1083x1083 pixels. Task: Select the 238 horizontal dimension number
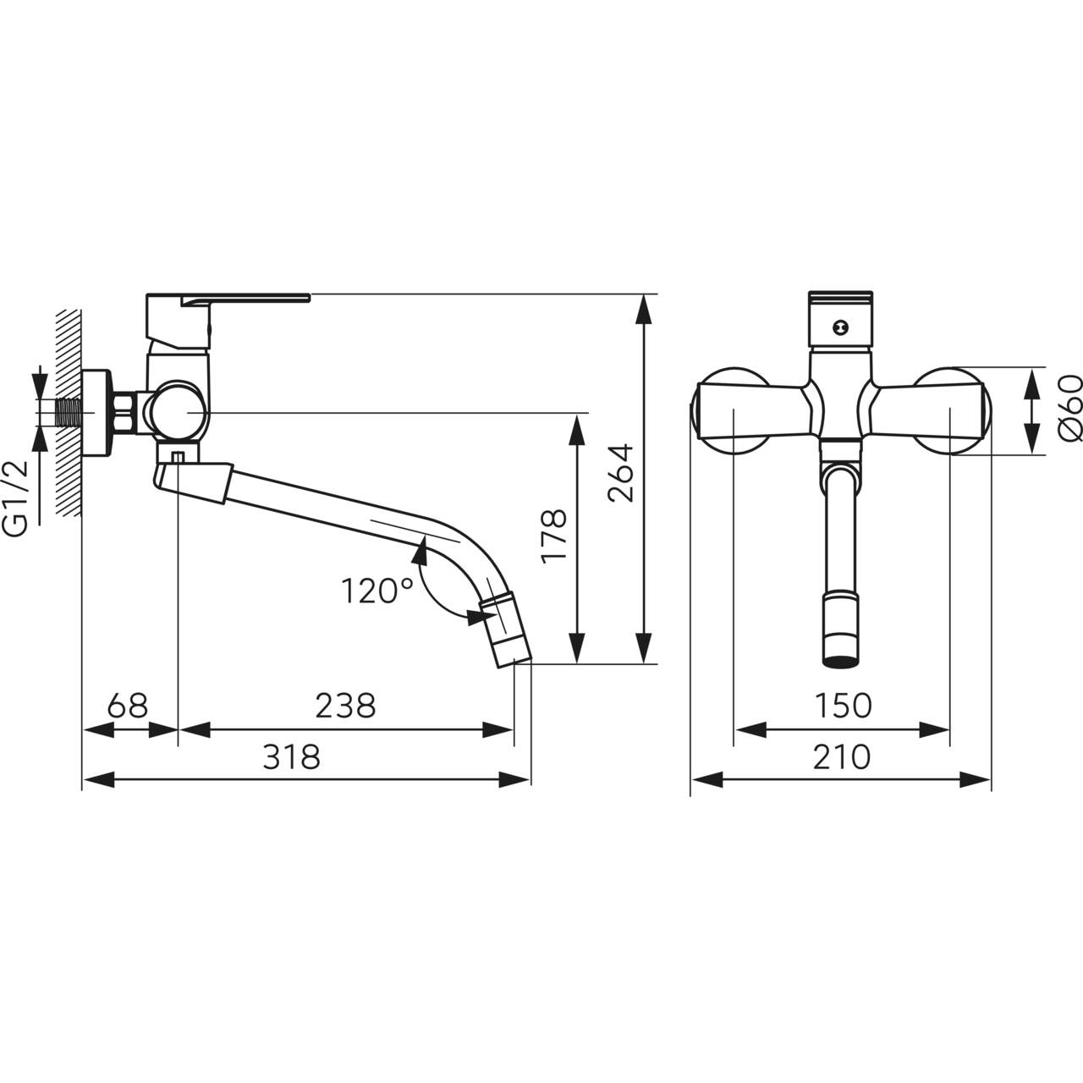pos(345,706)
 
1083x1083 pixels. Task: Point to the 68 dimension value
pos(128,706)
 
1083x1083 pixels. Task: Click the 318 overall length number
pos(292,756)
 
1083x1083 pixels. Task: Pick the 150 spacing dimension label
pos(843,706)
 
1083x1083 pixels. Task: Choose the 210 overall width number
pos(841,756)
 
